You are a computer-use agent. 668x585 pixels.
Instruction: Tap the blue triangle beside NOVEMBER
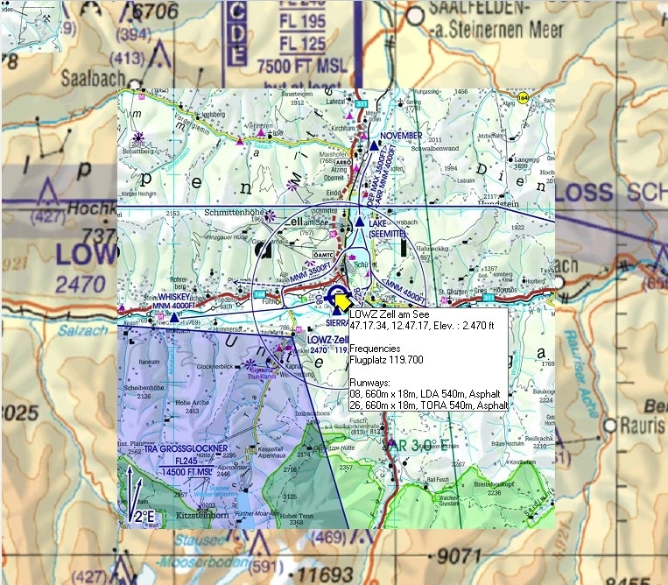click(x=374, y=145)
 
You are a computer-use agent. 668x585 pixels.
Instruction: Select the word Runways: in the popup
click(x=371, y=384)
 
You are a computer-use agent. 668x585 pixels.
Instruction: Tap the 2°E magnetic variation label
click(x=143, y=518)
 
